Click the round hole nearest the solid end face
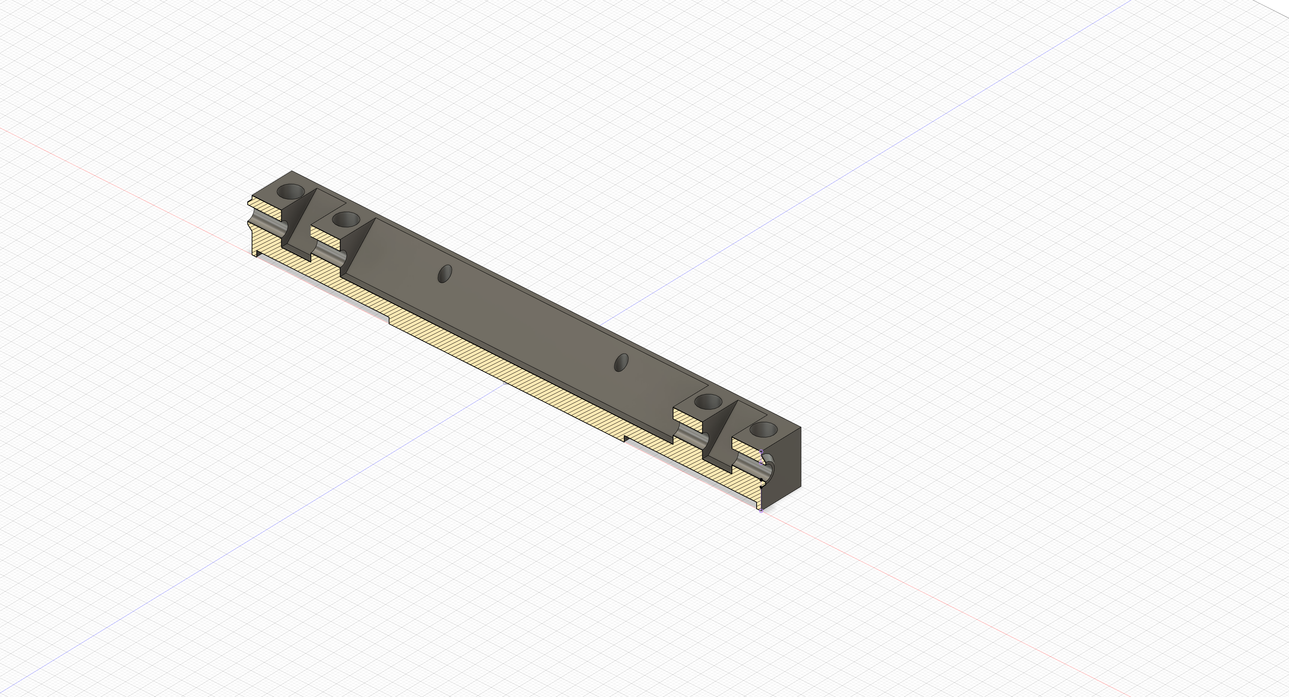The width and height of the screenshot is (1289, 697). pos(764,429)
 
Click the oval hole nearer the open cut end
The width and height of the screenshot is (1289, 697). pos(444,274)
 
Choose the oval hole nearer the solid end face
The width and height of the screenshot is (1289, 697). pos(621,362)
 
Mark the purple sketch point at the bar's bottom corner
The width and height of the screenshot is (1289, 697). pos(761,510)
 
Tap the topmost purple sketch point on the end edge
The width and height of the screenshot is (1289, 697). pos(761,452)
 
